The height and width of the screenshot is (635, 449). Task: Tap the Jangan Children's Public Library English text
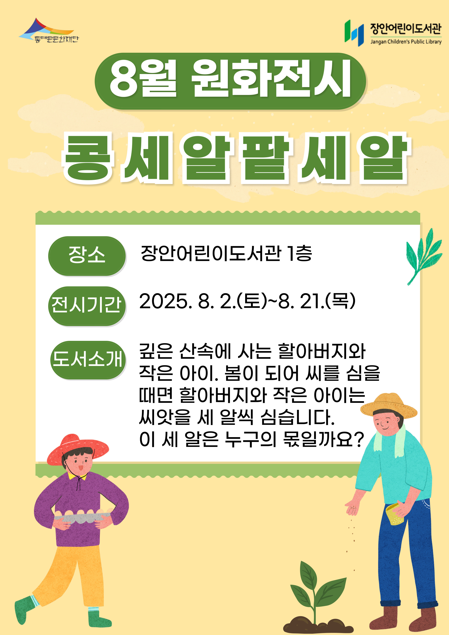coord(406,42)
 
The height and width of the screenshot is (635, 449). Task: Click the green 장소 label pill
coord(87,256)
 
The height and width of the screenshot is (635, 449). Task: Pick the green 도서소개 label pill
coord(88,360)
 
